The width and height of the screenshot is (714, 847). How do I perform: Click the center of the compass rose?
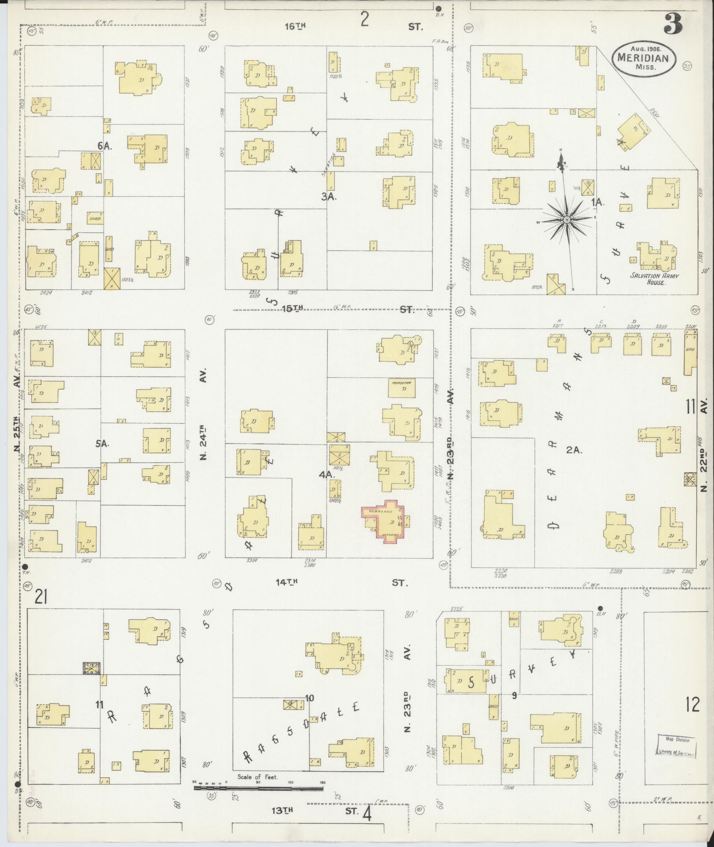567,220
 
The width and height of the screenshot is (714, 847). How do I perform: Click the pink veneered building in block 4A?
385,518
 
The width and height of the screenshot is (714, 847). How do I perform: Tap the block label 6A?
104,146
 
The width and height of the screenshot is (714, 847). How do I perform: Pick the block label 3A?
329,197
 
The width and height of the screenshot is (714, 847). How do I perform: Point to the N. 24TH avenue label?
204,442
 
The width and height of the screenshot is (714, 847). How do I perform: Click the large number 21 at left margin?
41,598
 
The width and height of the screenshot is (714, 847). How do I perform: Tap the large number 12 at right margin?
692,704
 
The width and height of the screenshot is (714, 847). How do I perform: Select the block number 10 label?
309,698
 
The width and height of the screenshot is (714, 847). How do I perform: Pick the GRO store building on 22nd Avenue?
690,354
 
